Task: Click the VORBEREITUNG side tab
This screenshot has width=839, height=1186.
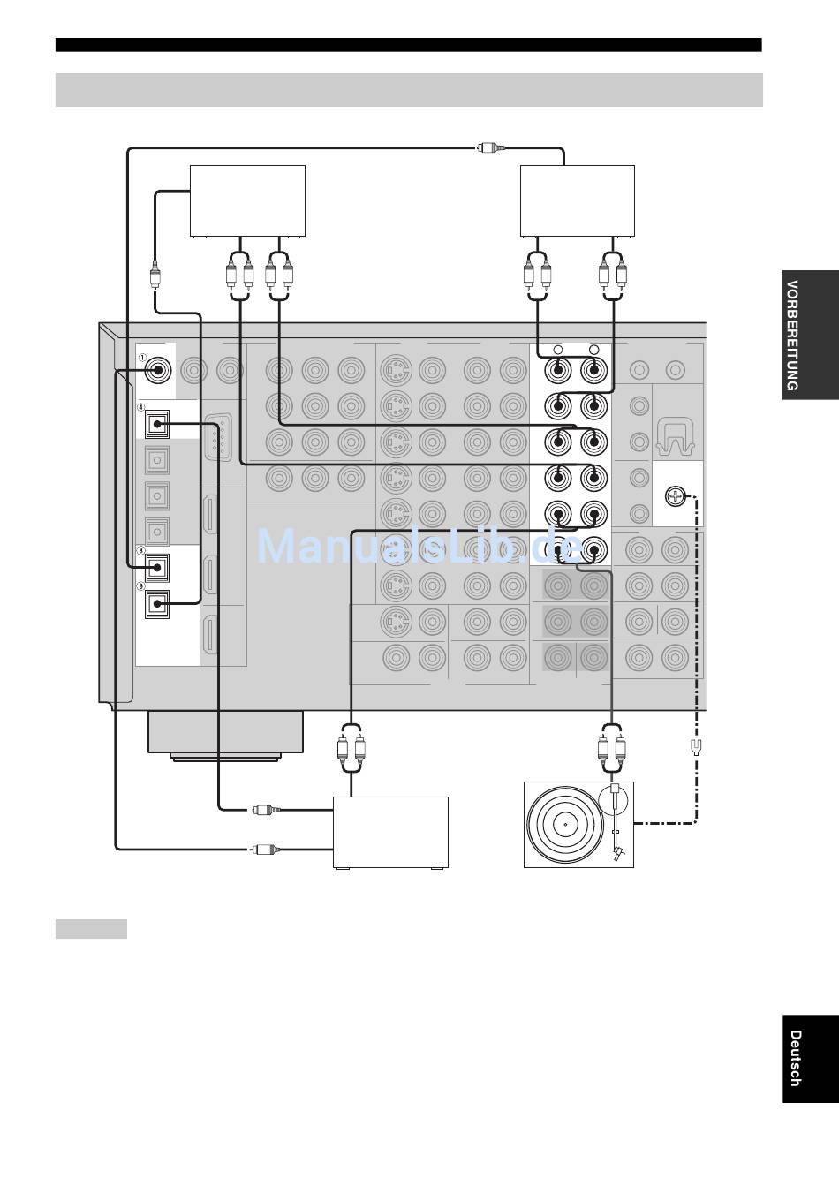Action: point(811,335)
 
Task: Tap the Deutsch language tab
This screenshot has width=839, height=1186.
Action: point(811,1059)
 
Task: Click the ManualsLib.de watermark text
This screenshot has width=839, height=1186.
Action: point(419,547)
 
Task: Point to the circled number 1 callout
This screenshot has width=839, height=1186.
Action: point(142,358)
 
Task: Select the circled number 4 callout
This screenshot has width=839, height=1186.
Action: point(140,407)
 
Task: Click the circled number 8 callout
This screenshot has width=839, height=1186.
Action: point(140,551)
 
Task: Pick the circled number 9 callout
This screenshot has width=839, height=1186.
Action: point(140,586)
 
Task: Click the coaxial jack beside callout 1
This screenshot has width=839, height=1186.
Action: point(158,370)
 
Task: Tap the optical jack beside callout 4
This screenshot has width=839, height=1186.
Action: point(157,424)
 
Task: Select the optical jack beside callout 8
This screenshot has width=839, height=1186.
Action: point(157,568)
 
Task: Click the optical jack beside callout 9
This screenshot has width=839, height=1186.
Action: point(157,604)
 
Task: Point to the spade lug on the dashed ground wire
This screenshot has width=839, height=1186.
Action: point(697,747)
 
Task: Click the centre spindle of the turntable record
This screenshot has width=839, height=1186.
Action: point(565,825)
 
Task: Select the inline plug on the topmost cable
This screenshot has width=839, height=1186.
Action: point(491,147)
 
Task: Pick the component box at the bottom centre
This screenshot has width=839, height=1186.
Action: point(390,833)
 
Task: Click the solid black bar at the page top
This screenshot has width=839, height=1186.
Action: point(409,45)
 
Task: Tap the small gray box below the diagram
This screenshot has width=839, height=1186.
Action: point(91,929)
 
